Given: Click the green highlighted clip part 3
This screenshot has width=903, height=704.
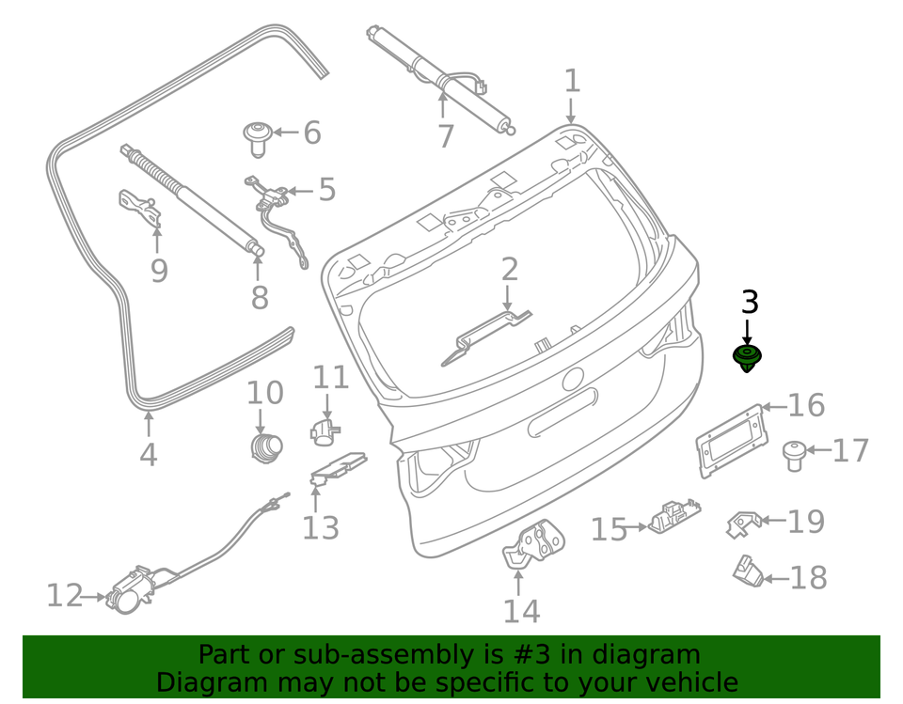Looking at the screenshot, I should [747, 357].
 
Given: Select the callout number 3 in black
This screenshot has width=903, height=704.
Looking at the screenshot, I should [749, 303].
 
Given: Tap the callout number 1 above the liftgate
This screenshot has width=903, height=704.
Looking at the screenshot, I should [572, 82].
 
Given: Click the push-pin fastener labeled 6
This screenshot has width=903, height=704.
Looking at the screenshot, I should [256, 136].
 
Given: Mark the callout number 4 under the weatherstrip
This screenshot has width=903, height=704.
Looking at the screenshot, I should [149, 455].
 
